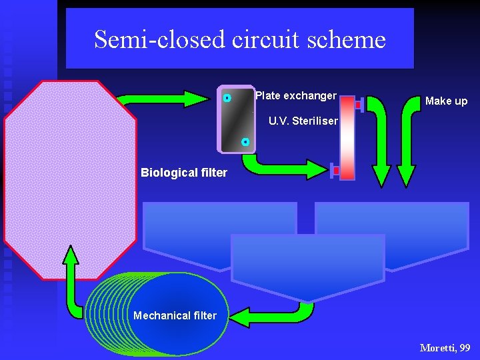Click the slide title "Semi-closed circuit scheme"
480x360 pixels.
point(240,39)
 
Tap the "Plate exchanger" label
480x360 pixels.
point(296,95)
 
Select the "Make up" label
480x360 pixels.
point(446,101)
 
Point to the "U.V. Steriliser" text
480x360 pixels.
point(303,122)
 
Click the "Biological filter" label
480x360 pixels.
point(184,173)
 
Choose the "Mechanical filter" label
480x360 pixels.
point(175,315)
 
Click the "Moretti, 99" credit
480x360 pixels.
point(445,347)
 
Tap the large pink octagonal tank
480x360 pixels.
point(70,180)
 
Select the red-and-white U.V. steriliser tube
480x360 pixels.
point(347,138)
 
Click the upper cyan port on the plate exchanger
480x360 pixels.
point(227,98)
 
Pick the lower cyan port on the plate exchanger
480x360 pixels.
point(245,142)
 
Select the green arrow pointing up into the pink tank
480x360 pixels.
point(71,280)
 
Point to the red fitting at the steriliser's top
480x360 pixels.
point(359,105)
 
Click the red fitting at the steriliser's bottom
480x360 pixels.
point(335,171)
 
